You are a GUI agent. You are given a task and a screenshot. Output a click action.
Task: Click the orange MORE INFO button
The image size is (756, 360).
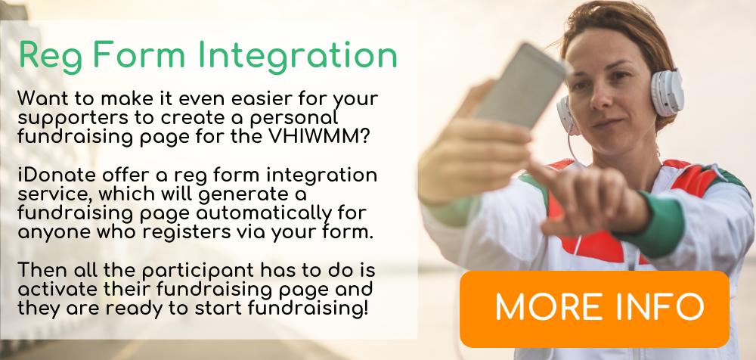click(x=594, y=309)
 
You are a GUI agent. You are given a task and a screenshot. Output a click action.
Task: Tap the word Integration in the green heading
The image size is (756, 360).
click(x=297, y=57)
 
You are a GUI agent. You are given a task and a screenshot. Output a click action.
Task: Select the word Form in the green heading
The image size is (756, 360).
click(x=139, y=55)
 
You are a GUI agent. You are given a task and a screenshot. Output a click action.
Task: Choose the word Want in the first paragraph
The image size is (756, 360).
click(x=41, y=99)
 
